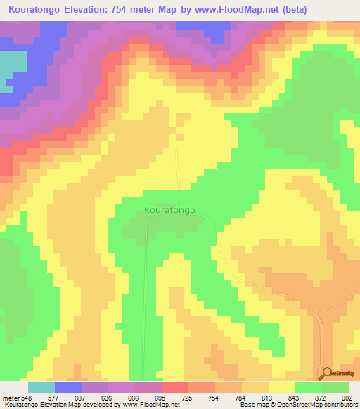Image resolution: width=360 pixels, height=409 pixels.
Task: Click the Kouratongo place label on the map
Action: [169, 209]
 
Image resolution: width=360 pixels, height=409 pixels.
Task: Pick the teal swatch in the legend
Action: [41, 387]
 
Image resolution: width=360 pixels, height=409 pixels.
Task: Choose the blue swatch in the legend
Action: [68, 387]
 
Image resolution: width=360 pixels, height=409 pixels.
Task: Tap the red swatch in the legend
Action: [175, 387]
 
